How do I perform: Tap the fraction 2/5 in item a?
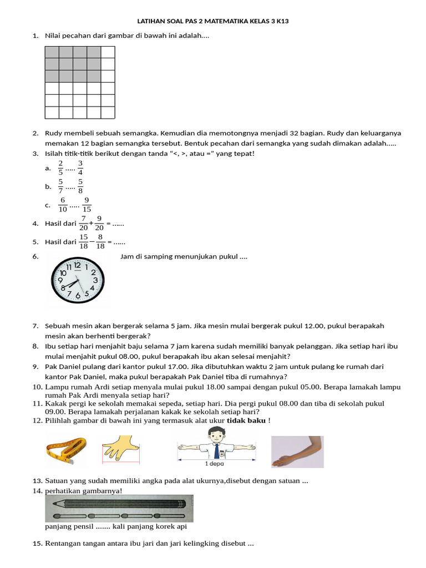pos(60,168)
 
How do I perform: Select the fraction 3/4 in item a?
pos(80,168)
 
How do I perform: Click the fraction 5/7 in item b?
pos(60,186)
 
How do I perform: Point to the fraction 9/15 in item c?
pos(87,205)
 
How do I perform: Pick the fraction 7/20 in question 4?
pos(83,223)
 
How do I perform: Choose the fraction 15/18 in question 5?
pos(84,241)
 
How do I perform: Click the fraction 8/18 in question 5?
pos(100,241)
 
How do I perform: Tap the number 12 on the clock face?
pos(77,266)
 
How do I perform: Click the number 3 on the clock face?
pos(95,281)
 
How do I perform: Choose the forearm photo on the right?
pos(297,452)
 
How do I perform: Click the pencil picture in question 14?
pos(119,504)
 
